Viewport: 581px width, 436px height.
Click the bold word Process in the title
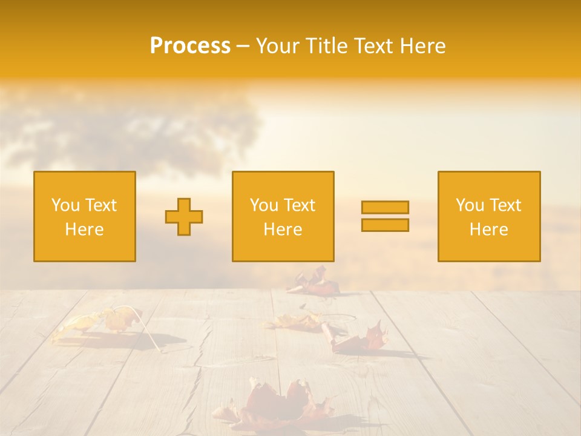pos(190,46)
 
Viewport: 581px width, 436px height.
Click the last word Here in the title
pos(424,46)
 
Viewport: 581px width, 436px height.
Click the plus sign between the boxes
pos(184,217)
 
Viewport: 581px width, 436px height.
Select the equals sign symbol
pos(385,216)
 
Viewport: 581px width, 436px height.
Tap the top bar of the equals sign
pos(385,207)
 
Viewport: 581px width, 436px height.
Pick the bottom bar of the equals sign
pos(385,225)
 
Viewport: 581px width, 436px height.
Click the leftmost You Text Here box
pos(85,216)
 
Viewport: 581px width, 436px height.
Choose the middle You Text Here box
pos(283,216)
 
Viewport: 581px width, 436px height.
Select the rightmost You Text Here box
pos(489,216)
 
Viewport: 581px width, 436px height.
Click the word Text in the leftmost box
pos(100,205)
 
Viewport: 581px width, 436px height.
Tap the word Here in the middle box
pos(283,230)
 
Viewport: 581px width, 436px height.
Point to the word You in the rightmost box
pos(470,205)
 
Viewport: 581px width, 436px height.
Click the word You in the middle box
pos(264,205)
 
